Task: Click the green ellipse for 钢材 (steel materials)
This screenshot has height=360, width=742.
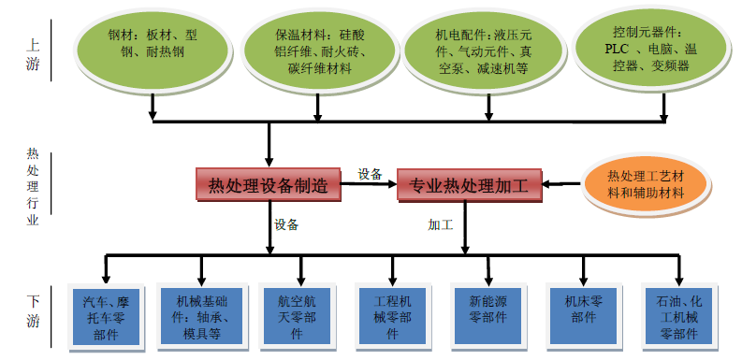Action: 152,50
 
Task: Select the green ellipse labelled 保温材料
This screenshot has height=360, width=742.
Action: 317,50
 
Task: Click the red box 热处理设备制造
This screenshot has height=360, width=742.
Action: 268,185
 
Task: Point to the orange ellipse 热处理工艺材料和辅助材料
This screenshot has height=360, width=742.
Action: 646,184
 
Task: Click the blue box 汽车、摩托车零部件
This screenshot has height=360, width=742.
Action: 106,318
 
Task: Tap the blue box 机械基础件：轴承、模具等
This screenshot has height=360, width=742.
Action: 201,318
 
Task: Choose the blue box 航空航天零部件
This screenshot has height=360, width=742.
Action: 298,318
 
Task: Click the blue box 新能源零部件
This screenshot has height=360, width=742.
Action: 487,318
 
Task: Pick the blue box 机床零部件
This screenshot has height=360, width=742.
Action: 582,318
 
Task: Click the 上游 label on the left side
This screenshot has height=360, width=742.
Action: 33,53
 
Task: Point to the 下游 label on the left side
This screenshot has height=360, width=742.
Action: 33,312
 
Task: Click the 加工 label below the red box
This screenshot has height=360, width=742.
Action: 441,224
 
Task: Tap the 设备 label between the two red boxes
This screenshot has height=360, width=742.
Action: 371,174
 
